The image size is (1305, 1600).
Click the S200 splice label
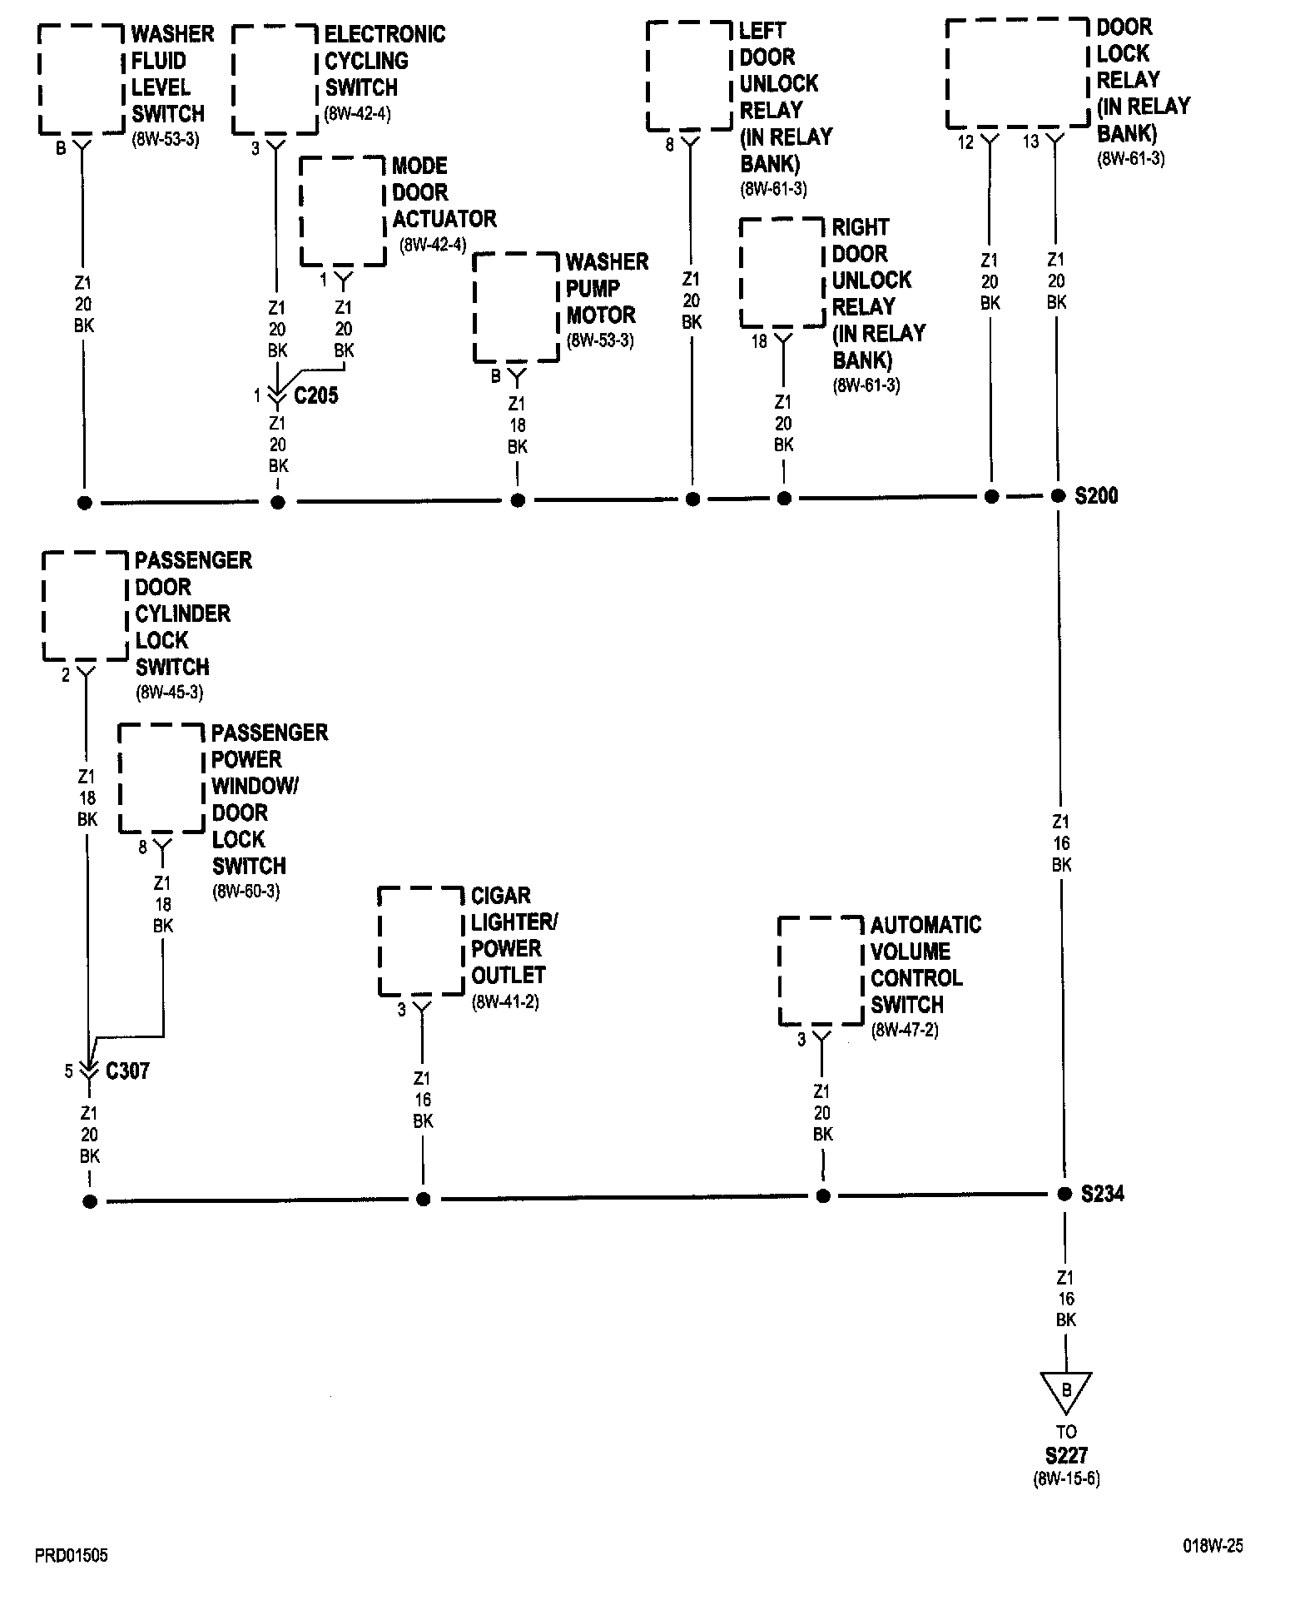(1096, 496)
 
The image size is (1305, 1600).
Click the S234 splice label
(1102, 1194)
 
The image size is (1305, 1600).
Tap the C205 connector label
(316, 395)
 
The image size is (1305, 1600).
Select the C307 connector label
(127, 1071)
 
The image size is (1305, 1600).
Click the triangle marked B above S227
(1065, 1391)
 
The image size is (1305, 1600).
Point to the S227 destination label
(1066, 1456)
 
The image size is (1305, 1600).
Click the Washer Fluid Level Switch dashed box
(81, 79)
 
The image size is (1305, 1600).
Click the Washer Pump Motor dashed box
(516, 307)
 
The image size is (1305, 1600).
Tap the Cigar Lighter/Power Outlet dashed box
(421, 941)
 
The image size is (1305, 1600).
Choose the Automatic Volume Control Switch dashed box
(821, 971)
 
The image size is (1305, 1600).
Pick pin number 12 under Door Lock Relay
(965, 142)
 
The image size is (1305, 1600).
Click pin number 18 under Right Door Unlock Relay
(759, 341)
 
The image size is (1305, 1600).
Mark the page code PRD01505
(72, 1555)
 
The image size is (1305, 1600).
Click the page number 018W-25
(1213, 1546)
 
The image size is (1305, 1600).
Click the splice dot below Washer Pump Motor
(518, 500)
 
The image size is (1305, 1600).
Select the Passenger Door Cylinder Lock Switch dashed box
(85, 606)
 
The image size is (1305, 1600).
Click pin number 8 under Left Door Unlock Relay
(669, 145)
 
